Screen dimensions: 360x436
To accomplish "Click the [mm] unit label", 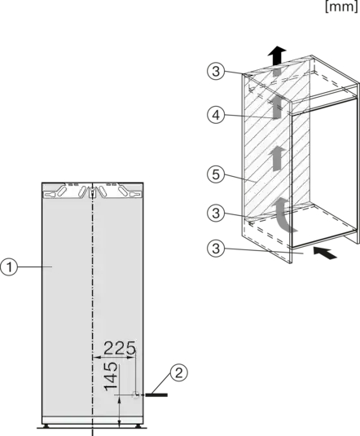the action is pos(341,7).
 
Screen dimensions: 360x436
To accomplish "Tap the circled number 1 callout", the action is pos(9,267).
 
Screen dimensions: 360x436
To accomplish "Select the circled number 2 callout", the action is pos(178,372).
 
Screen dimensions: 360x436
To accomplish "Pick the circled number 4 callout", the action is pos(216,115).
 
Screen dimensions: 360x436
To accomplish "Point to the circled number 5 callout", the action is pos(216,174).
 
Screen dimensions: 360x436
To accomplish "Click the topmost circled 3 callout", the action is pos(216,71).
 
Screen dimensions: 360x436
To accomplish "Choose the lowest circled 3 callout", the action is pos(216,248).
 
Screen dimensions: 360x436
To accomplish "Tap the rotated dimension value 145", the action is pos(111,376).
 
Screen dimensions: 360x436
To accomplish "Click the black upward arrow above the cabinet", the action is pos(277,55).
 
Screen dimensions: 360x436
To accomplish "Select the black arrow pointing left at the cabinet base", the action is pos(325,253).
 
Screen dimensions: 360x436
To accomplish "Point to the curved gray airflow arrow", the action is pos(283,214).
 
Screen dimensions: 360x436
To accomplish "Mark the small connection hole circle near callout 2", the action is pos(135,394).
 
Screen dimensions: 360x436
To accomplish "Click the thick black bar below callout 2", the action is pos(156,394).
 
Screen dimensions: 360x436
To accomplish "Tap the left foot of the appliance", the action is pos(46,426).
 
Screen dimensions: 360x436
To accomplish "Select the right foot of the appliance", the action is pos(138,426).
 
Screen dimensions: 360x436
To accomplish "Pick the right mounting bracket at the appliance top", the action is pos(118,191).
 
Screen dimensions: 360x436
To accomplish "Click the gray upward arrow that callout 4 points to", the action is pos(276,108).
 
